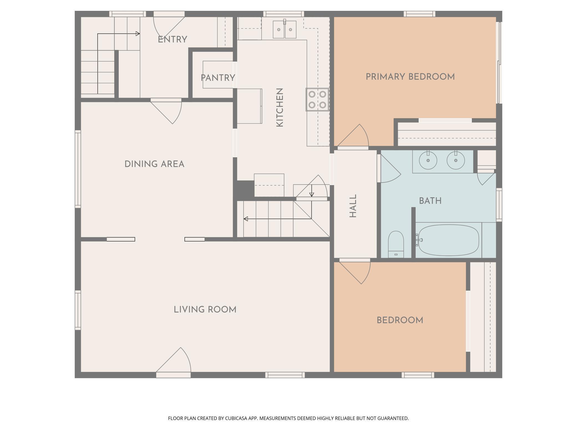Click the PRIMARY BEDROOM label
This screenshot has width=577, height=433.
click(410, 77)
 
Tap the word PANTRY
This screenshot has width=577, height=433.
click(218, 78)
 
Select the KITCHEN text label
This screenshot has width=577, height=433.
click(280, 108)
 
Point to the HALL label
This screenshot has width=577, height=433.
click(353, 206)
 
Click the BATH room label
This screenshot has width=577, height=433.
click(430, 201)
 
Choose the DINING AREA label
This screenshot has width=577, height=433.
click(155, 164)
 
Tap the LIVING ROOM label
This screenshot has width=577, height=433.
click(205, 309)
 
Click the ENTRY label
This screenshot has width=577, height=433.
click(173, 40)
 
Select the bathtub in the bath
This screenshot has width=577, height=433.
click(449, 240)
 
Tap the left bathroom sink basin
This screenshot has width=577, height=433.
click(428, 160)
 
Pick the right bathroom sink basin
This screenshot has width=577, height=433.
click(456, 160)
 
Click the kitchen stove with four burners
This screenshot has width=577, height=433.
click(317, 100)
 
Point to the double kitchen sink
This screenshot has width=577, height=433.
click(285, 29)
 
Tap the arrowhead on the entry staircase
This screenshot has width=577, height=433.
click(138, 34)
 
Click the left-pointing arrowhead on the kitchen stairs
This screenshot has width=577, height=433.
click(246, 219)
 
